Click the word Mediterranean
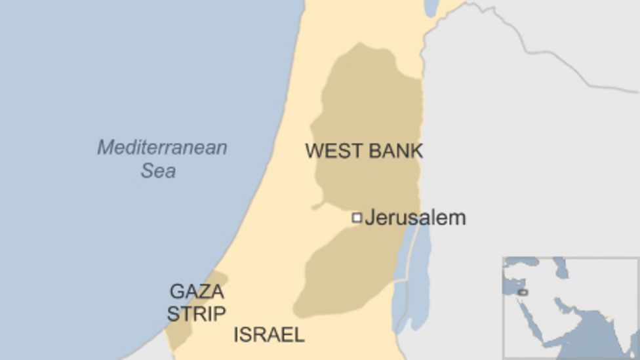[162, 148]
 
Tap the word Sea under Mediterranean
[158, 171]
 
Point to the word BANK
[395, 151]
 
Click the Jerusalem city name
[415, 218]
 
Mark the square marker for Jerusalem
[357, 218]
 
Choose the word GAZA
[196, 291]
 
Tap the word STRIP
[196, 314]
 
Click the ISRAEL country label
[269, 335]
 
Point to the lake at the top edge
[431, 7]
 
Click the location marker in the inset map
[523, 291]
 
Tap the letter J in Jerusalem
[369, 218]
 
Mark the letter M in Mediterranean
[104, 148]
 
